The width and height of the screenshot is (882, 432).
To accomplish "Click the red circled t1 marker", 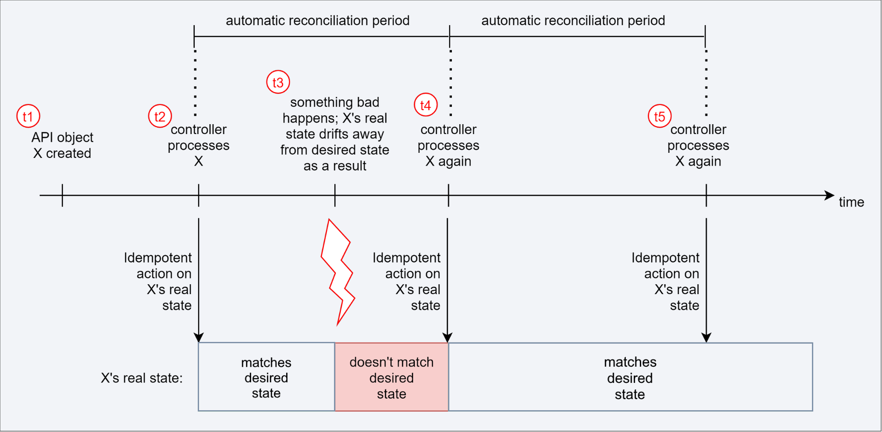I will click(x=28, y=116).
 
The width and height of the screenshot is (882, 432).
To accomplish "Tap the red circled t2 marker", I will click(x=160, y=116).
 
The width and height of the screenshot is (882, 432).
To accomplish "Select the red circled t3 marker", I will click(x=278, y=82).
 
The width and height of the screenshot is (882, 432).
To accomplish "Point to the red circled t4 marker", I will click(x=425, y=105).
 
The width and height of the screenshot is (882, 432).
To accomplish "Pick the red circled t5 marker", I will click(x=659, y=116).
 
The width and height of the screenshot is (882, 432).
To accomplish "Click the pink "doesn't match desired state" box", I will click(x=391, y=377).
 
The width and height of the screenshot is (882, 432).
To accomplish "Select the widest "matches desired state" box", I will click(x=630, y=377).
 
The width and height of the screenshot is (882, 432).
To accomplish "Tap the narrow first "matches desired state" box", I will click(x=266, y=377).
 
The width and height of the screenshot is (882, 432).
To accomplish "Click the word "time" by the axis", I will click(x=851, y=202).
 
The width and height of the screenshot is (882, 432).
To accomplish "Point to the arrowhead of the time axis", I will click(x=829, y=196).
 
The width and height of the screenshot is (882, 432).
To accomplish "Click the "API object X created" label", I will click(x=62, y=145).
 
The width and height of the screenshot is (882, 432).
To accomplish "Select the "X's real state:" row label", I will click(x=141, y=378).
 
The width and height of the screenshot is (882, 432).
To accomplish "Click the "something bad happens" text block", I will click(x=334, y=134).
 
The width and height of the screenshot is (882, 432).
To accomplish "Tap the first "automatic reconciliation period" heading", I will click(x=317, y=20).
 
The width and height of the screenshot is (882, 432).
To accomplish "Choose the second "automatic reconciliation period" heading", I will click(x=573, y=20).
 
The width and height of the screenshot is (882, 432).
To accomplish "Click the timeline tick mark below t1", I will click(x=62, y=196).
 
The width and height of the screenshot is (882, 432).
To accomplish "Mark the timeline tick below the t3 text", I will click(x=335, y=196).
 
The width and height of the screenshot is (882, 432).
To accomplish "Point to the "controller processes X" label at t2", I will click(x=199, y=145).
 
